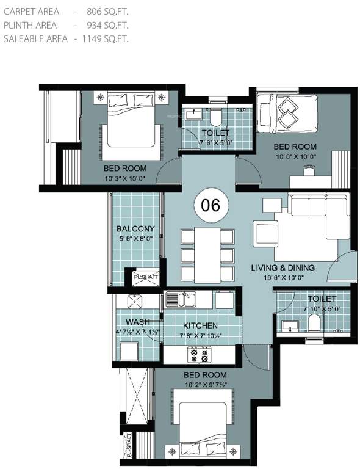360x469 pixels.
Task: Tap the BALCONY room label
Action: tap(135, 229)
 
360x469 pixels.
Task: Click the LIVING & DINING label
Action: tap(283, 267)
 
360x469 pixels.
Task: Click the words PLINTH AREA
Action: tap(30, 25)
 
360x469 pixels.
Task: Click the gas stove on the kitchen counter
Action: tap(198, 355)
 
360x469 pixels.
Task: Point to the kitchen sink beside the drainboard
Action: tap(187, 299)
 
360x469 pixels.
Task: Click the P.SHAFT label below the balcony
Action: tap(146, 277)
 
